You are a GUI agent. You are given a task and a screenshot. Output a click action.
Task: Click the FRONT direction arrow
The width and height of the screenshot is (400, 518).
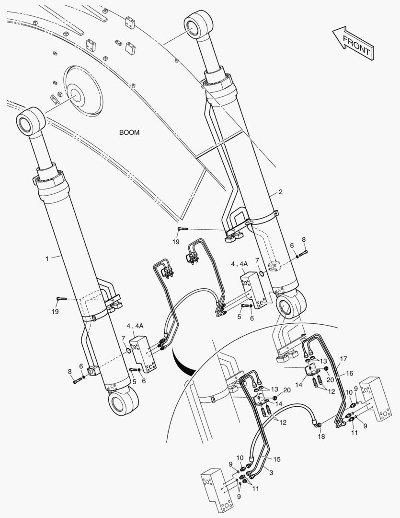[353, 42]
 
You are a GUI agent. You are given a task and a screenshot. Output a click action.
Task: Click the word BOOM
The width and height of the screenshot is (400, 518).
[129, 132]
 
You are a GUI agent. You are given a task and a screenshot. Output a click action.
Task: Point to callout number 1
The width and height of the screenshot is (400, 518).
[47, 259]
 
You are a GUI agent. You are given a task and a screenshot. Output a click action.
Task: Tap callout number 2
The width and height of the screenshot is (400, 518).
[281, 192]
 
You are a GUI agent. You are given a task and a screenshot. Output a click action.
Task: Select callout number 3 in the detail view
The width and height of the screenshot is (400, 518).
[271, 473]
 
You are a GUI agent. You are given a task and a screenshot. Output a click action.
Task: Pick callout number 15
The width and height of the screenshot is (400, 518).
[276, 459]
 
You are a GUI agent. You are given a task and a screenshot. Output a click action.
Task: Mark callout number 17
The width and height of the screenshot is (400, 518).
[343, 358]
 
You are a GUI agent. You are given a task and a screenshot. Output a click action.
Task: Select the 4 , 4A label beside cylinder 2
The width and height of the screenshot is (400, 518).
[239, 264]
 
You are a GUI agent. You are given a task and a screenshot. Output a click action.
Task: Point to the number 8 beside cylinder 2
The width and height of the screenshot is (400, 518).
[303, 239]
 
